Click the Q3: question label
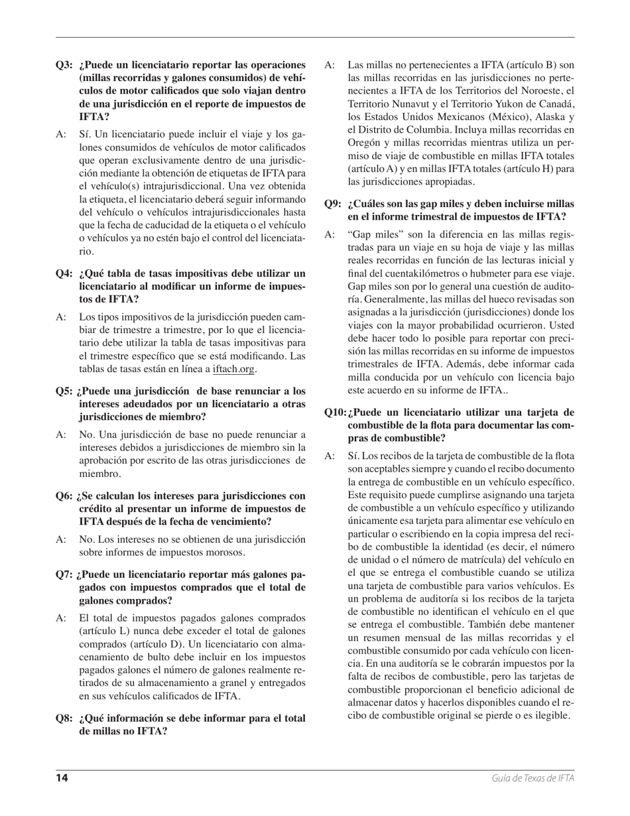(x=64, y=65)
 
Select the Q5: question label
(x=64, y=391)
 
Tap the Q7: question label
(x=64, y=575)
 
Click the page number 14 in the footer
(x=62, y=778)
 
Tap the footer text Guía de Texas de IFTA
(x=533, y=778)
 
